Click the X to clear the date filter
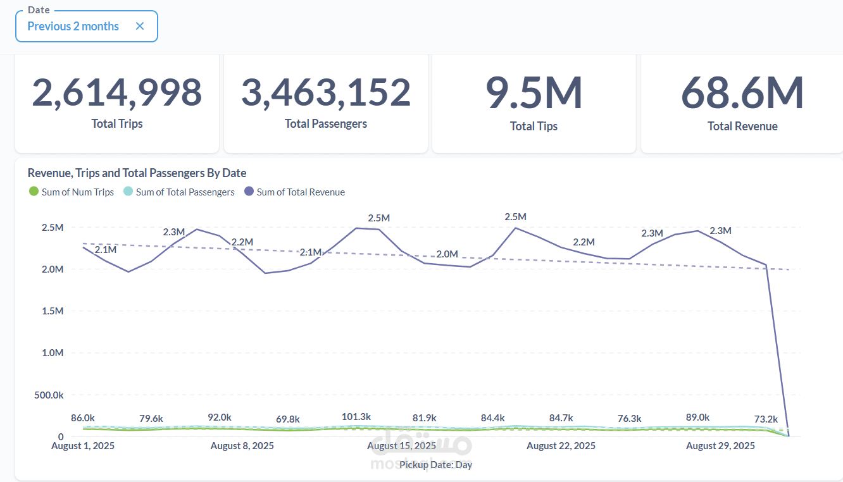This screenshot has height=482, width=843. point(140,27)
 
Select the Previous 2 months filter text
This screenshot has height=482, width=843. point(73,27)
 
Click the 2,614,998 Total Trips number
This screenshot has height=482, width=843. point(117,92)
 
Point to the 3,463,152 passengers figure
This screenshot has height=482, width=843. point(326,92)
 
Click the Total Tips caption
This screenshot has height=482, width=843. point(534,127)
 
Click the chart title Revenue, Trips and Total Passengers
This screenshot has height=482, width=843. point(137,173)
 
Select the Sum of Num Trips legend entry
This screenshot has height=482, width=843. point(72,192)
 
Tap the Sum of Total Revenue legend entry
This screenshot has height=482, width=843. point(294,192)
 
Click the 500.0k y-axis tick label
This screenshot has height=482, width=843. point(48,395)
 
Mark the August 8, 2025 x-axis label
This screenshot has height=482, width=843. point(242,446)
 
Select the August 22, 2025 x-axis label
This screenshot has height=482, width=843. point(561,446)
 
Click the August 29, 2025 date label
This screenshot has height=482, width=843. point(720,446)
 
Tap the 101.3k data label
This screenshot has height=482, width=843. point(356,417)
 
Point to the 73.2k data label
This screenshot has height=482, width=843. point(766,419)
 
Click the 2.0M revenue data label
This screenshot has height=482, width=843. point(447,254)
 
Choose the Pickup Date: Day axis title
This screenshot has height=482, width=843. point(435,465)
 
